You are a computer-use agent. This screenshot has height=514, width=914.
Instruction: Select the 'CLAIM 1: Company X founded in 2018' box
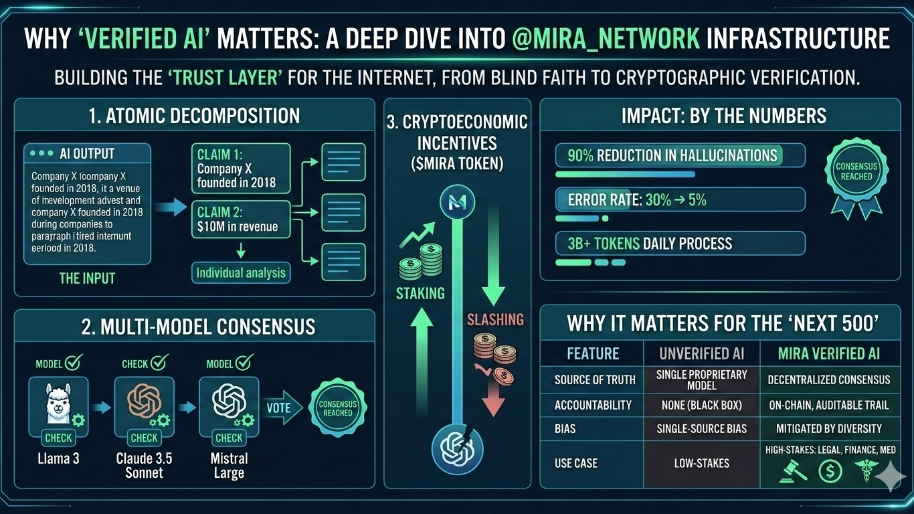(x=240, y=168)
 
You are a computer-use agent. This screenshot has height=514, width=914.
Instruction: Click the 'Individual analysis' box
(x=241, y=272)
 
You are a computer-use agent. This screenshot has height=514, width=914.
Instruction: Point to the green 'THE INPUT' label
(x=87, y=278)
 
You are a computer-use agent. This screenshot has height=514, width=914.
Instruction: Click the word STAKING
(x=420, y=293)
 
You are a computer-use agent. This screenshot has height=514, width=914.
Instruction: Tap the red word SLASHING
(x=496, y=319)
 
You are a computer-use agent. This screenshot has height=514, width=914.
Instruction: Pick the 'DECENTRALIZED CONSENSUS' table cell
(x=828, y=379)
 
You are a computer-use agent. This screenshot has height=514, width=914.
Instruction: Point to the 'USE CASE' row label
(x=576, y=463)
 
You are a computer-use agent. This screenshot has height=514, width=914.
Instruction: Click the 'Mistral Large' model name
(x=229, y=466)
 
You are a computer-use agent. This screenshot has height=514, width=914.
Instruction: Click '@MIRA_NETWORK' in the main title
(x=606, y=39)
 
